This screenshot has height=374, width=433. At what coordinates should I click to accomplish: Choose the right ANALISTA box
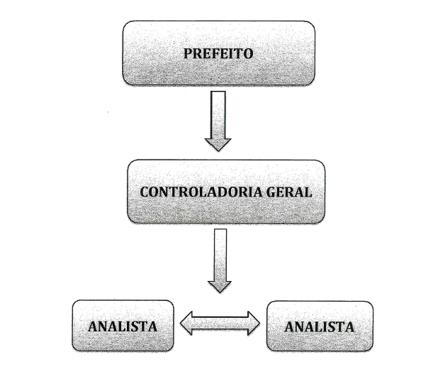(320, 326)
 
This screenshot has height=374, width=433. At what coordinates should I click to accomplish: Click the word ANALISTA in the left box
(122, 327)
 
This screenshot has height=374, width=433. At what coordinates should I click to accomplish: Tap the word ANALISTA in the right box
(319, 327)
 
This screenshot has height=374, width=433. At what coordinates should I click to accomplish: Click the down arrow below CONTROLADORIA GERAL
(219, 259)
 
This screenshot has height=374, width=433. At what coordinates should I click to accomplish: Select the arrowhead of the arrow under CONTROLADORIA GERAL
(219, 284)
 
